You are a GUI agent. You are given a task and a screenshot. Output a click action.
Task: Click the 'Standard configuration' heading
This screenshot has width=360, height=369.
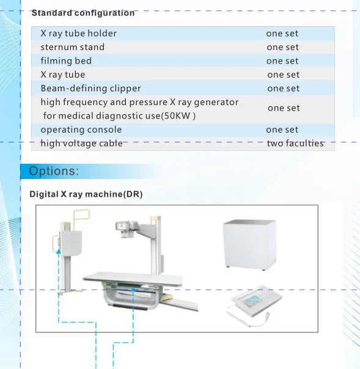coord(83,13)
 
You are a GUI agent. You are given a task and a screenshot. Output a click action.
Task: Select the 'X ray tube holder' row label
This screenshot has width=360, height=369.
coord(79,34)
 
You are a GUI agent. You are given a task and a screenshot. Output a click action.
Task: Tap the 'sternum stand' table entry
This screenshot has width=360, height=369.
coord(73,47)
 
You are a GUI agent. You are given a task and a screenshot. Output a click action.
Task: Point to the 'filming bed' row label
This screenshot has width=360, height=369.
coord(66,60)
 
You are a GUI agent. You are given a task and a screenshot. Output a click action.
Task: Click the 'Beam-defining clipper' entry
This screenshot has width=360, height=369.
coord(90,89)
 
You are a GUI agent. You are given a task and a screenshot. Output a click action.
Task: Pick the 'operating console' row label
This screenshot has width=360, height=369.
coord(81,130)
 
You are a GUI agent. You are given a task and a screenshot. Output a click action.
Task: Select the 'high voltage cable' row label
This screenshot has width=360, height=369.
coord(81,144)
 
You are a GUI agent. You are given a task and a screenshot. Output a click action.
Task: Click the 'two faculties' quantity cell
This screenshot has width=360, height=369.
coord(295,143)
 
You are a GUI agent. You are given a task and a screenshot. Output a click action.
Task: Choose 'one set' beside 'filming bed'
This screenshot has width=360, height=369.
coord(282,61)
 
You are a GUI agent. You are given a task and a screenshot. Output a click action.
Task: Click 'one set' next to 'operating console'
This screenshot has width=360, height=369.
coord(282,130)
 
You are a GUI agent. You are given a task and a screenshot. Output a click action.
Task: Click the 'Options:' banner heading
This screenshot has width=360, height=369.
coord(54,171)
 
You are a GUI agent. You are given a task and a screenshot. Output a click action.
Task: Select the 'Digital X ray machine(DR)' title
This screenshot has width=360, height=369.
coord(86,194)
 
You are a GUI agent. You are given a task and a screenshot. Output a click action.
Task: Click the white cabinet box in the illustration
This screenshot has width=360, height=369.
coord(250,244)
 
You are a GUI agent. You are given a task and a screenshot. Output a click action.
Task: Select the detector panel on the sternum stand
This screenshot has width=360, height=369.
coord(71,243)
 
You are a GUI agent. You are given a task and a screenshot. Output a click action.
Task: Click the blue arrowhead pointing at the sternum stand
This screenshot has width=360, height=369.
coord(59,252)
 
